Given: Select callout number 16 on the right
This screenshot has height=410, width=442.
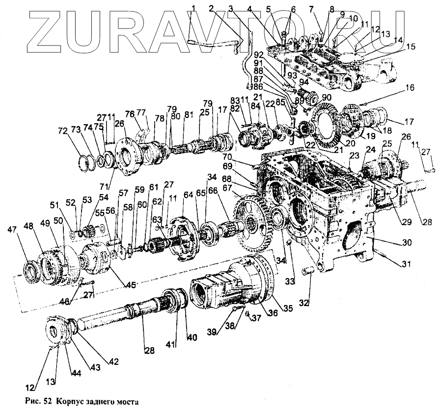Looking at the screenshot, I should click(x=410, y=88).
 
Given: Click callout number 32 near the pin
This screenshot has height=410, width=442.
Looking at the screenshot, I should click(x=305, y=303).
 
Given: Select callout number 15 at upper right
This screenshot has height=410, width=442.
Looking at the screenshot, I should click(x=411, y=47).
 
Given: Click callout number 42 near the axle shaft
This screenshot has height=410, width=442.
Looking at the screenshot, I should click(x=114, y=363).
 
